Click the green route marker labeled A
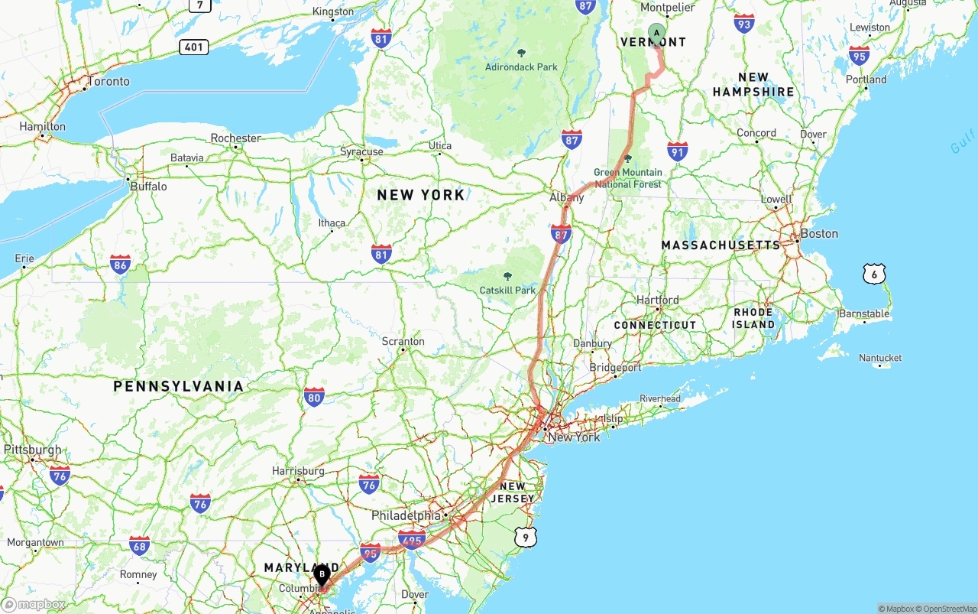pyautogui.click(x=656, y=33)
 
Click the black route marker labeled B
pyautogui.click(x=322, y=574)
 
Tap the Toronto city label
pyautogui.click(x=108, y=81)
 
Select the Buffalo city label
pyautogui.click(x=148, y=186)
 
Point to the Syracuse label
pyautogui.click(x=361, y=151)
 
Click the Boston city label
pyautogui.click(x=818, y=233)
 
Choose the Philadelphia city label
pyautogui.click(x=406, y=516)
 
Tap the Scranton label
pyautogui.click(x=403, y=341)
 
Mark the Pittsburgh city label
pyautogui.click(x=33, y=450)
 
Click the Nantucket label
pyautogui.click(x=880, y=358)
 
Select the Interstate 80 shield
pyautogui.click(x=314, y=396)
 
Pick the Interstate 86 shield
pyautogui.click(x=120, y=265)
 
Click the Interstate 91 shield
pyautogui.click(x=677, y=151)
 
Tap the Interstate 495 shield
pyautogui.click(x=412, y=539)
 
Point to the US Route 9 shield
pyautogui.click(x=525, y=538)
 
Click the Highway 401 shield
pyautogui.click(x=194, y=47)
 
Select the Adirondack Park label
pyautogui.click(x=521, y=67)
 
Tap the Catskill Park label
pyautogui.click(x=507, y=290)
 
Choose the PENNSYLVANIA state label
pyautogui.click(x=178, y=386)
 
